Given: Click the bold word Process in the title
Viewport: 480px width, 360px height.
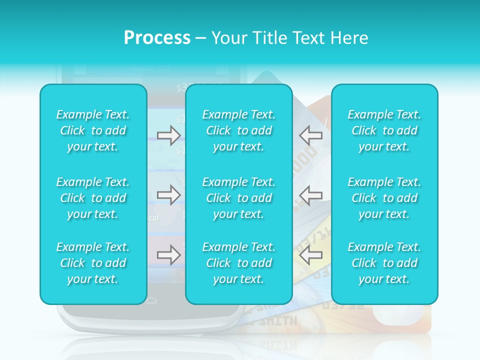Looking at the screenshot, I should point(157,38).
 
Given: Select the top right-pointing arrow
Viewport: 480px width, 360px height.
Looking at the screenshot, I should point(168,135).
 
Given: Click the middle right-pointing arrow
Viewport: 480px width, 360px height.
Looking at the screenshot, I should point(168,195).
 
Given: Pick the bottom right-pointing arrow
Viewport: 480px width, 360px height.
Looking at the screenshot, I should point(168,255).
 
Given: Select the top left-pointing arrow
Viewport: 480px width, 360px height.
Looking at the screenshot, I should point(310,135).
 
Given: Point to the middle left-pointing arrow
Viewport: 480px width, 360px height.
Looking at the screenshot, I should point(310,195).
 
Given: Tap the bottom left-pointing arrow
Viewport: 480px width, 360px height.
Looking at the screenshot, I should point(310,255).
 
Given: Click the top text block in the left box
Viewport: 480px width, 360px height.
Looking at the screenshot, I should point(93,130).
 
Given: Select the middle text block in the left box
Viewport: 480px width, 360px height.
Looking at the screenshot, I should point(93,198).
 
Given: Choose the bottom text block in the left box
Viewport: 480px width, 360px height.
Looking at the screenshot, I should point(93,263).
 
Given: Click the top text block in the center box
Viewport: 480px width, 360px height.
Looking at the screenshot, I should point(239,130).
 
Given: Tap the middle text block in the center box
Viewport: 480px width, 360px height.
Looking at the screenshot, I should point(239,198).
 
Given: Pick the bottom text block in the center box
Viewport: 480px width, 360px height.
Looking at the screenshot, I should point(239,263).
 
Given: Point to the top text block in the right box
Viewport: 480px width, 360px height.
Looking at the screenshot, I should point(384,130).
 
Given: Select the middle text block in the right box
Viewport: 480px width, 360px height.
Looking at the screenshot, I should point(384,198).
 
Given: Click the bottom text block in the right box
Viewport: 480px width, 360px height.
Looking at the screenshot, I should point(384,263).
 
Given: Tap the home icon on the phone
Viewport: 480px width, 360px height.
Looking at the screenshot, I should point(151,301).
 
